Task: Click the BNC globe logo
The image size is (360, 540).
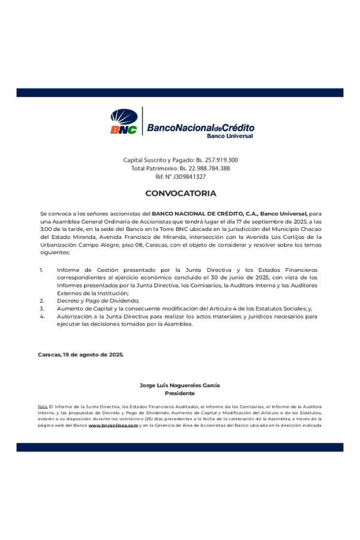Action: (124, 122)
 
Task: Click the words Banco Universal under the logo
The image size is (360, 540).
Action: (230, 136)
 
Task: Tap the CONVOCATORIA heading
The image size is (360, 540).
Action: (180, 194)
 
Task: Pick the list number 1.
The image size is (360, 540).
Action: (41, 270)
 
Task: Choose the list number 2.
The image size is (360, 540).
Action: (42, 301)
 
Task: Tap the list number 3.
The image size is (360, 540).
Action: (42, 308)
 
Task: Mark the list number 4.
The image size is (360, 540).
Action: (42, 316)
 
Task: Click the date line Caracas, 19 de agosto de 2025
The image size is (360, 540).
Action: (81, 355)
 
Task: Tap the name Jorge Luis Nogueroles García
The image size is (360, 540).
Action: (179, 385)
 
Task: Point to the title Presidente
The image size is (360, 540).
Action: (179, 393)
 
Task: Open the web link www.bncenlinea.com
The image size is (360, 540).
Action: (113, 425)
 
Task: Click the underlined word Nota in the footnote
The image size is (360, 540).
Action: (43, 407)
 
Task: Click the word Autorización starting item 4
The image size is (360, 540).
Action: (76, 316)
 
